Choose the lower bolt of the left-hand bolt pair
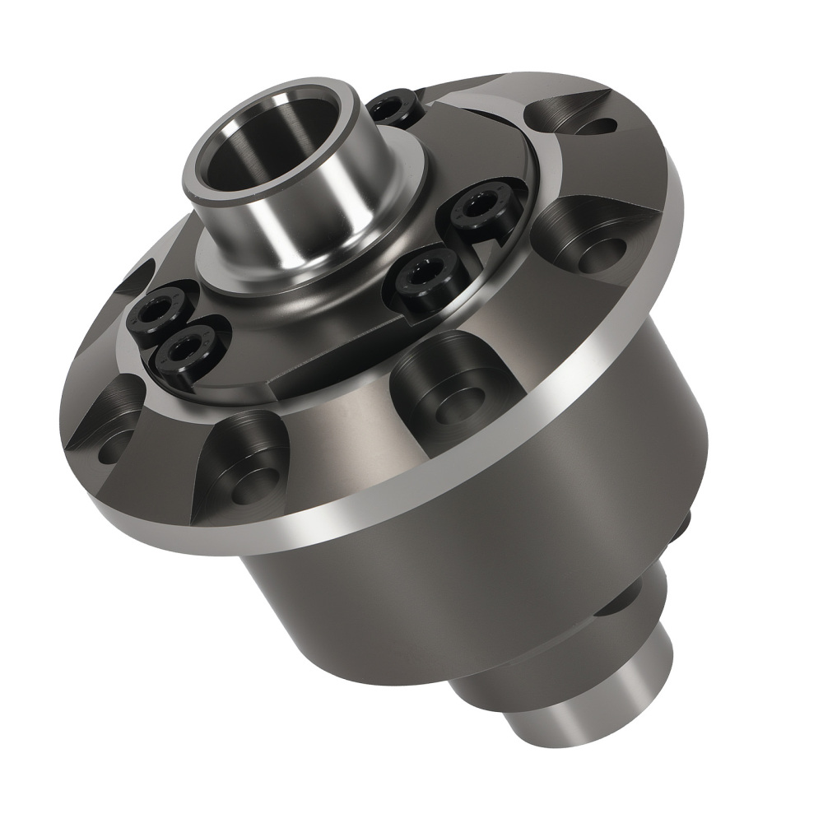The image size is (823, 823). coord(188,350)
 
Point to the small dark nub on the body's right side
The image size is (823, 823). coord(685,522)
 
